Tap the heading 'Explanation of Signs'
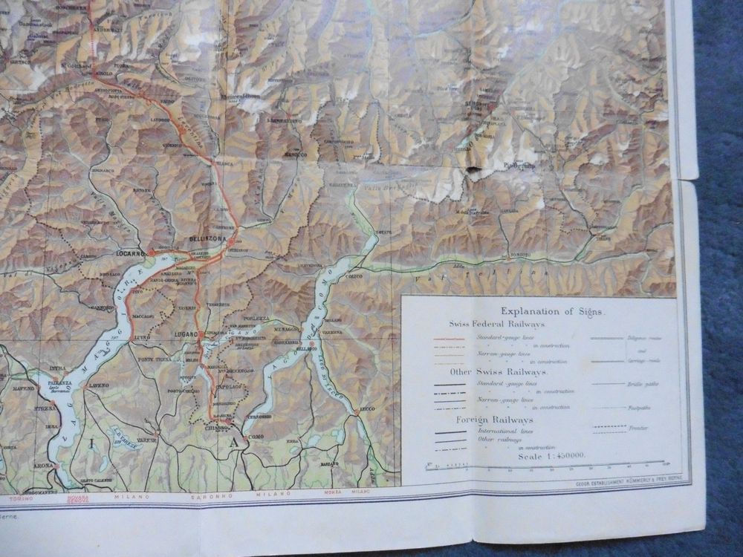(552, 311)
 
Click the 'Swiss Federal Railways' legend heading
(496, 325)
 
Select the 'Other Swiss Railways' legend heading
(499, 371)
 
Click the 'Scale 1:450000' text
(548, 455)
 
